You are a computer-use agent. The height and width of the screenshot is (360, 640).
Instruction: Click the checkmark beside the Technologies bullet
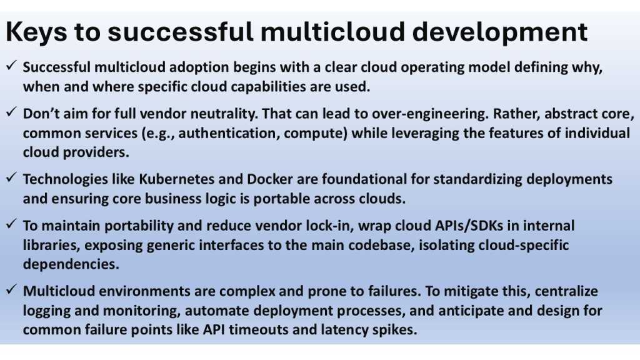click(11, 179)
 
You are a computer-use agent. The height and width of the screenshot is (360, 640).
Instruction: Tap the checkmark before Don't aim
click(11, 114)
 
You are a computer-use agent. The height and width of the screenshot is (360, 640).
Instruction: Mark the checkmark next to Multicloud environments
click(11, 291)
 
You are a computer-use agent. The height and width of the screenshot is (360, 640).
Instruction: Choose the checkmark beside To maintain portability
click(11, 225)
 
